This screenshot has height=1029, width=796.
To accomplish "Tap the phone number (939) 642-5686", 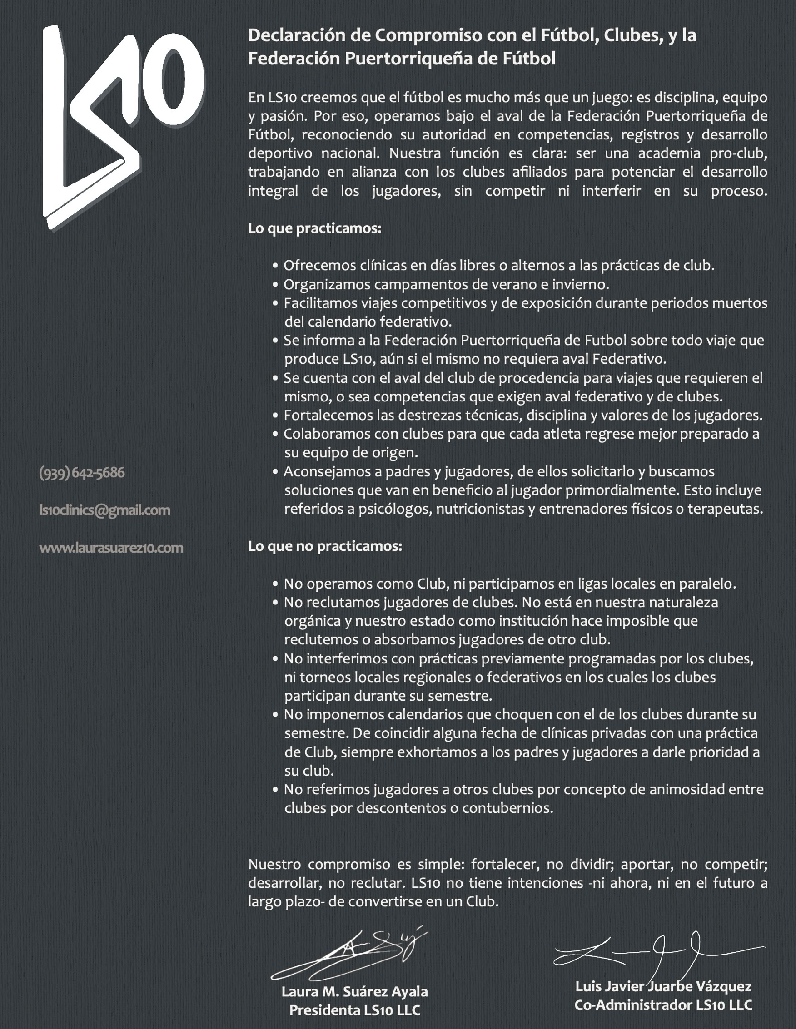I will tap(82, 473).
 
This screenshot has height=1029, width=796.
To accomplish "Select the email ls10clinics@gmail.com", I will tap(104, 510).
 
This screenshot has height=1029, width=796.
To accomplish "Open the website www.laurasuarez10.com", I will tap(111, 548).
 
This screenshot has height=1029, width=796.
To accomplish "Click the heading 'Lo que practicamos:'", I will tap(314, 228).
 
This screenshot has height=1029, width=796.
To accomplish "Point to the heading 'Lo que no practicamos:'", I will tap(325, 546).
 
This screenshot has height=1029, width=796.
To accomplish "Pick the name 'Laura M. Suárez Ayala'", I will tap(354, 991).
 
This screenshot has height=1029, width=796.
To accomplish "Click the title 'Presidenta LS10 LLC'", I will tap(354, 1010).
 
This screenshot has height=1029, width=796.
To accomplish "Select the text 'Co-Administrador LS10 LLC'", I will tap(663, 1005).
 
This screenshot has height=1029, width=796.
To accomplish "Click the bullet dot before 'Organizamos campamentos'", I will tap(276, 285).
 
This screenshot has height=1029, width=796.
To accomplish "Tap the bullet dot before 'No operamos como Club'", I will tap(276, 584).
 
